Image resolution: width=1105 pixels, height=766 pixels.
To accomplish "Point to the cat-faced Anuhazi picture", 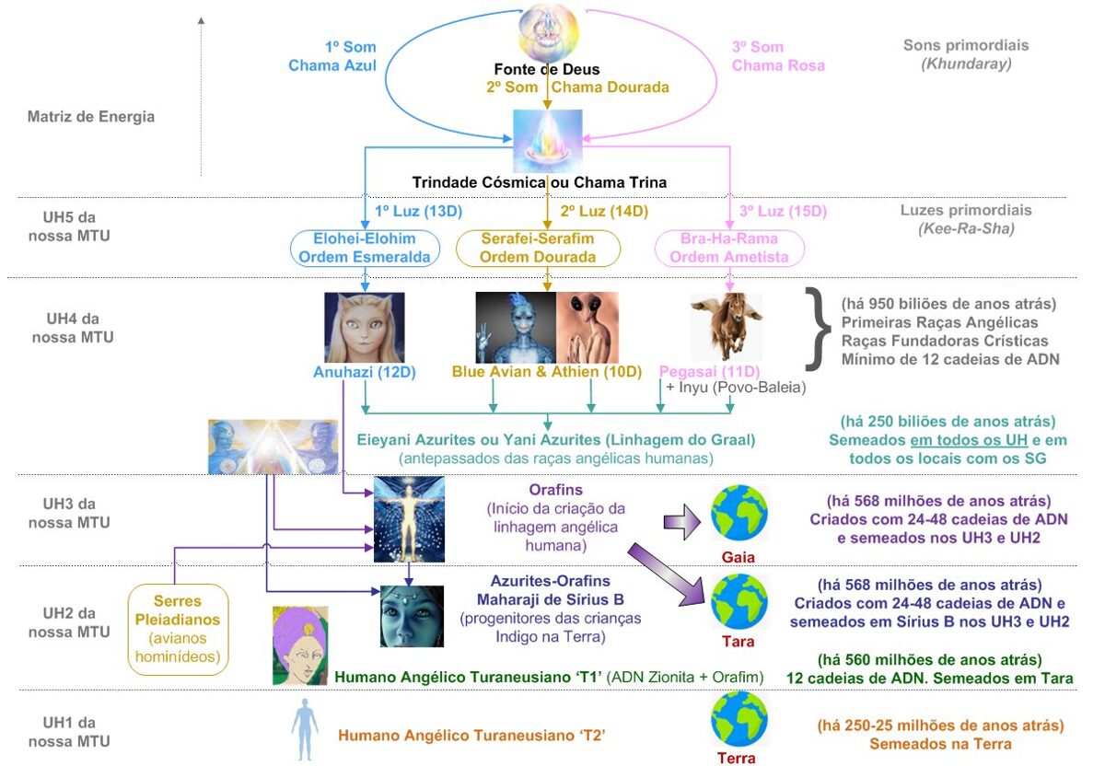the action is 364,328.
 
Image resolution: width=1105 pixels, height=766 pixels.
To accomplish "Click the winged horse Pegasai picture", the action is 727,327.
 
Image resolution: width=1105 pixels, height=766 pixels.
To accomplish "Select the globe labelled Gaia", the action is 739,513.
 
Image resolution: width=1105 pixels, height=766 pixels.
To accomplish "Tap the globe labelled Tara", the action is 739,602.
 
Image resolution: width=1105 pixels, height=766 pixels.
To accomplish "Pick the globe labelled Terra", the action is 739,719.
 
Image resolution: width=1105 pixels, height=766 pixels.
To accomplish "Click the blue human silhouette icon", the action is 305,729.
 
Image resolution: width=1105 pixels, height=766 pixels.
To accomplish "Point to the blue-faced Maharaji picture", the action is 412,616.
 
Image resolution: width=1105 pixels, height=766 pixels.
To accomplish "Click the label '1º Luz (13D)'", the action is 418,211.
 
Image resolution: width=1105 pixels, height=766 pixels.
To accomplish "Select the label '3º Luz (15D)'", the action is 783,211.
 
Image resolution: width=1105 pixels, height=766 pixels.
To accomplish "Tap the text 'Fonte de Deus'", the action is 547,69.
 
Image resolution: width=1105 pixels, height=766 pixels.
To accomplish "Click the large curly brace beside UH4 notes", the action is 818,329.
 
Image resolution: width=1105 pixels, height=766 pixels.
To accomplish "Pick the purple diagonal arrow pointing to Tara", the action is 667,574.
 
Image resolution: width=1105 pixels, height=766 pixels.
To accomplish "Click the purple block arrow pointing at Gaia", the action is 681,522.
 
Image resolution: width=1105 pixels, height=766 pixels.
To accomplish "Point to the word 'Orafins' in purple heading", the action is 555,490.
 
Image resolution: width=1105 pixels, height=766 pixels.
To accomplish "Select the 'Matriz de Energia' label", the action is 91,116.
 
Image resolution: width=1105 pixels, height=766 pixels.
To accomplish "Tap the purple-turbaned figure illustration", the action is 300,645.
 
